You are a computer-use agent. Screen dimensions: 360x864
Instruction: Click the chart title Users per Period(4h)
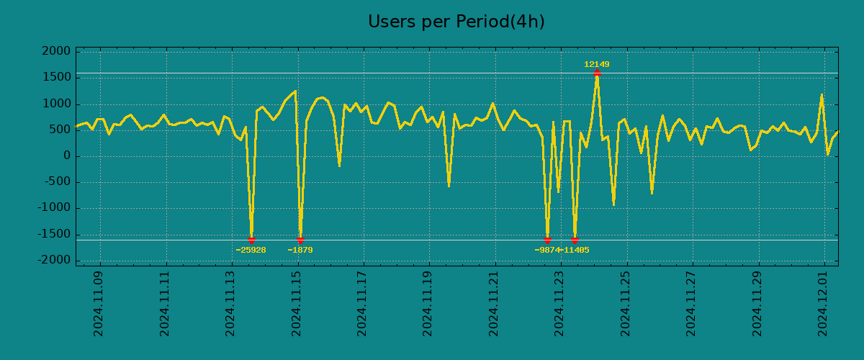point(456,22)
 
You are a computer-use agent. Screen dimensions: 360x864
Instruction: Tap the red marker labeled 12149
point(597,73)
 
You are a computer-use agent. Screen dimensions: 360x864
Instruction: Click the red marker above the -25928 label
point(251,240)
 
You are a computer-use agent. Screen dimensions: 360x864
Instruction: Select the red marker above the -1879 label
point(300,240)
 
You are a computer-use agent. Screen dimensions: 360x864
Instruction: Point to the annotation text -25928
point(251,251)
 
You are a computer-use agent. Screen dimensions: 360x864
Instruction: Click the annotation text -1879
point(300,251)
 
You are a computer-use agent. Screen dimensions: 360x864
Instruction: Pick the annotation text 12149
point(597,65)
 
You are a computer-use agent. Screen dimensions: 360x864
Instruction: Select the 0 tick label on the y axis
point(66,156)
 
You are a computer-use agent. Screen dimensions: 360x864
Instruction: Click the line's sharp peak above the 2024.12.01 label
point(822,94)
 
